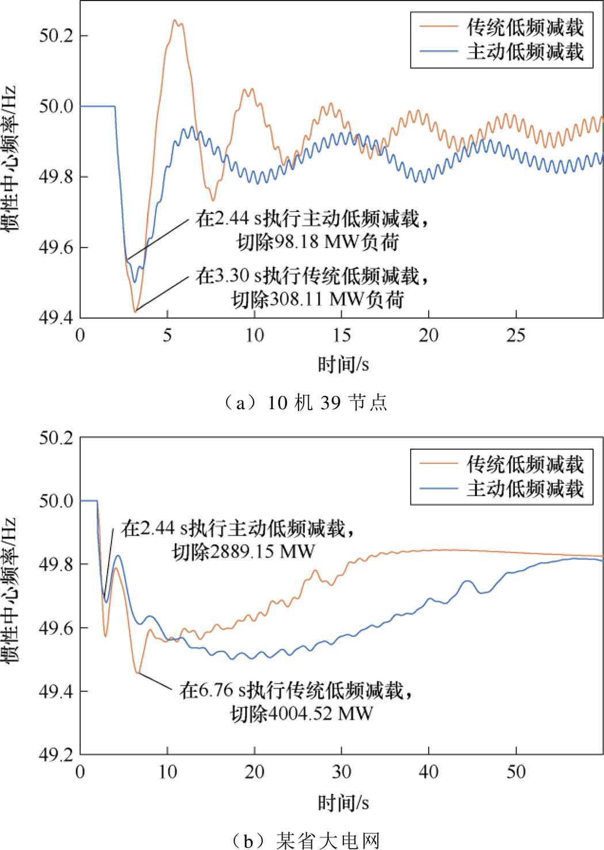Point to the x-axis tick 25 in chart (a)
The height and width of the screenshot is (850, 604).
pyautogui.click(x=516, y=335)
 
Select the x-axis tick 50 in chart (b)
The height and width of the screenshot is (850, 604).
pyautogui.click(x=516, y=772)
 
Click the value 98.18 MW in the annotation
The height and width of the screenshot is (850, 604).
pyautogui.click(x=317, y=243)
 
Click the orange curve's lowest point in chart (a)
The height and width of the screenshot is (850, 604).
pyautogui.click(x=134, y=311)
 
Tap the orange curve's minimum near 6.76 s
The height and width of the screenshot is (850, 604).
pyautogui.click(x=138, y=672)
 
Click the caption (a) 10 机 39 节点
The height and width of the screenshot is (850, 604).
pyautogui.click(x=303, y=402)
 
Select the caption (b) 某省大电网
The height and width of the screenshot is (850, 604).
pyautogui.click(x=303, y=840)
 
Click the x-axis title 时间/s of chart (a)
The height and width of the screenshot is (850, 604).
pyautogui.click(x=343, y=364)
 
